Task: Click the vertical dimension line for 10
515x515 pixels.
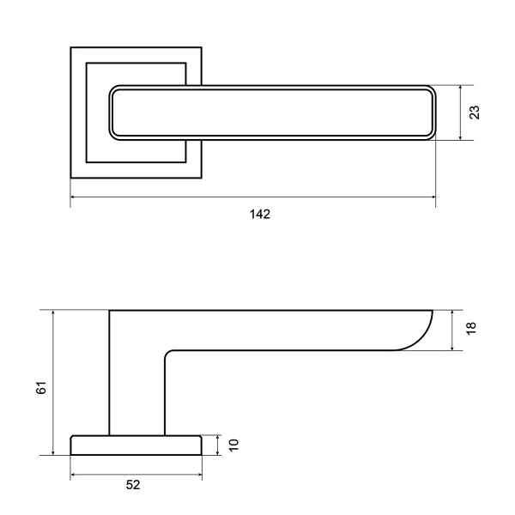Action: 219,445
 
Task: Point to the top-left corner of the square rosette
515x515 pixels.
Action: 70,46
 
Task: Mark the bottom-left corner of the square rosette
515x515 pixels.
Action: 70,178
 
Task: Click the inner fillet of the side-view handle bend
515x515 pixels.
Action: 168,354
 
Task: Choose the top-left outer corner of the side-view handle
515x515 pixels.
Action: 110,310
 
